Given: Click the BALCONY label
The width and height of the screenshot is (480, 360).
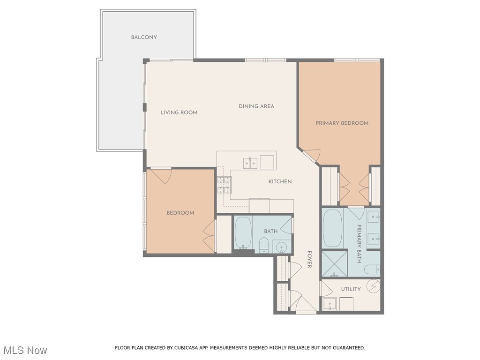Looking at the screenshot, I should click(x=144, y=37).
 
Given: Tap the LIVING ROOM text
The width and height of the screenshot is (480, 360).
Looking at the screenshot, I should click(x=179, y=112).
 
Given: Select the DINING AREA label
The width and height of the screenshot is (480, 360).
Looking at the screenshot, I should click(x=256, y=106).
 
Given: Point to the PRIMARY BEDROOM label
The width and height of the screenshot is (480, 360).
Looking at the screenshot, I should click(x=342, y=123).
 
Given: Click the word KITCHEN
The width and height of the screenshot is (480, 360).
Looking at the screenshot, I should click(x=280, y=181).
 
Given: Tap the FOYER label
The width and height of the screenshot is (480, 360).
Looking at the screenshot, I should click(x=309, y=259).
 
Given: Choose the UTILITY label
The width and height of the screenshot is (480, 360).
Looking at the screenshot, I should click(x=351, y=289).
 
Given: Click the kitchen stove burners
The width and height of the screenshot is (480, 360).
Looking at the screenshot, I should click(x=224, y=185).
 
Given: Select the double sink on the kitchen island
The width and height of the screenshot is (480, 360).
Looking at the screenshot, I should click(x=250, y=163).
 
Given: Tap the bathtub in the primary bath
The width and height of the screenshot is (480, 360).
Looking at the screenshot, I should click(x=332, y=228).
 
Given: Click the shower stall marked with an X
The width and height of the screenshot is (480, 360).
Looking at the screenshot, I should click(x=335, y=263).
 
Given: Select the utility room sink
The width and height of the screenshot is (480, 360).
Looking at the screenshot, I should click(x=330, y=304).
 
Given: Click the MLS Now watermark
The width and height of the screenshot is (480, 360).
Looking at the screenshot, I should click(x=25, y=350).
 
